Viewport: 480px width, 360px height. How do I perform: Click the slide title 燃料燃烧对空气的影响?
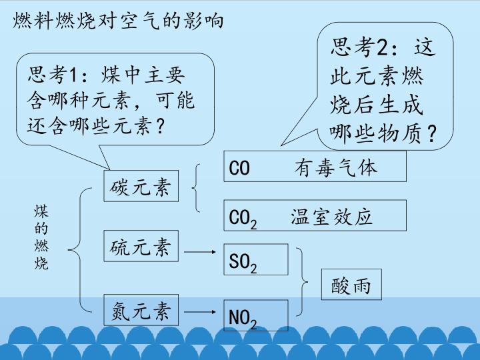118,21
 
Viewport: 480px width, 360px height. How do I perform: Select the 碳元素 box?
141,186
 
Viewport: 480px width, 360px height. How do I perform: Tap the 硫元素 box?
141,246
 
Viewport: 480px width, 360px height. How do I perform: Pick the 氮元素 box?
141,310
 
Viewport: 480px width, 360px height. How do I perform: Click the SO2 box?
256,259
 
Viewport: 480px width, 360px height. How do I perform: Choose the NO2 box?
256,315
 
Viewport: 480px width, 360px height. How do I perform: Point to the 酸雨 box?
351,285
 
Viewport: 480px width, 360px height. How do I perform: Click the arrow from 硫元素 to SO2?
200,252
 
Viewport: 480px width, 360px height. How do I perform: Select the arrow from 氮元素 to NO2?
200,312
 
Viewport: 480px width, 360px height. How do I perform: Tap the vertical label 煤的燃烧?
41,237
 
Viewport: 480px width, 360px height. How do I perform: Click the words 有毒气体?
336,168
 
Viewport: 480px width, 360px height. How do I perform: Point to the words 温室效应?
331,217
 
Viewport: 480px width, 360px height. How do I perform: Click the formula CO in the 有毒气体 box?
239,168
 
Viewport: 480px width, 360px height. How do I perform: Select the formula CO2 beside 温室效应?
243,219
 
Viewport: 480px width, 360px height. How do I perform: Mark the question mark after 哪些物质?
431,134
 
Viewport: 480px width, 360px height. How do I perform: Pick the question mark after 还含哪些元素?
160,125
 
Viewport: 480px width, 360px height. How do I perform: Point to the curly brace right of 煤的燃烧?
80,250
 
